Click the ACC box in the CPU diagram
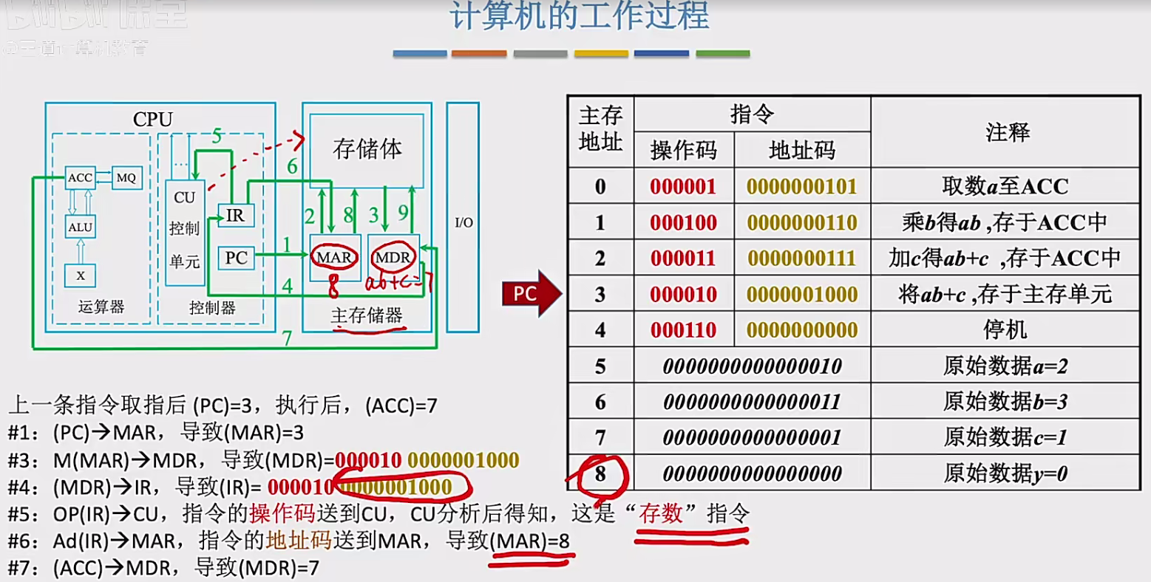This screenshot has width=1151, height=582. pyautogui.click(x=80, y=177)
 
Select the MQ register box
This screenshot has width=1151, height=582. pyautogui.click(x=126, y=177)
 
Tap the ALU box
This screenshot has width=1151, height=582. pyautogui.click(x=80, y=227)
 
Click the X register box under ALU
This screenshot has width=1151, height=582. pyautogui.click(x=80, y=275)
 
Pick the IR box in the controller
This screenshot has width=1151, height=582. pyautogui.click(x=236, y=216)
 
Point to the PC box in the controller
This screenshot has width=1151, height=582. pyautogui.click(x=236, y=258)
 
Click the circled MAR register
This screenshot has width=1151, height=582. pyautogui.click(x=334, y=258)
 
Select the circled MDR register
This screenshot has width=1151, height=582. pyautogui.click(x=393, y=258)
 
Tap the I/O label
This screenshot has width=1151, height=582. pyautogui.click(x=464, y=222)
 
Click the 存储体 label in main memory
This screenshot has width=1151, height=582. pyautogui.click(x=367, y=149)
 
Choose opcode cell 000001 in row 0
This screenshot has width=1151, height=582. pyautogui.click(x=683, y=186)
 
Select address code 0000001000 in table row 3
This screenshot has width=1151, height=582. pyautogui.click(x=801, y=294)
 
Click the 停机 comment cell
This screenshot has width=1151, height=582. pyautogui.click(x=1005, y=329)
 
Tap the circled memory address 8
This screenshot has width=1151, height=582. pyautogui.click(x=600, y=473)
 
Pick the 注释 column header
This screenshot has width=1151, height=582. pyautogui.click(x=1006, y=132)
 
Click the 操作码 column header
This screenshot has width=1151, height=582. pyautogui.click(x=683, y=151)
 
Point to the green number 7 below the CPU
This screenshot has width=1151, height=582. pyautogui.click(x=287, y=338)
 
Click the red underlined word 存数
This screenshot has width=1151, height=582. pyautogui.click(x=661, y=513)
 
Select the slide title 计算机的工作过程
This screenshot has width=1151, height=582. pyautogui.click(x=579, y=16)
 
